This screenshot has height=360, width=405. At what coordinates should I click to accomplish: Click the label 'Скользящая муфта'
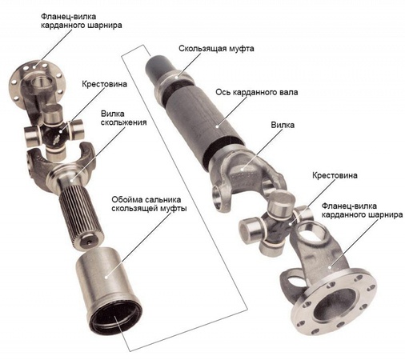coord(216,49)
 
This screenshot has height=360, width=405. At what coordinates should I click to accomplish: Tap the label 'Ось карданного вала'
coord(257,93)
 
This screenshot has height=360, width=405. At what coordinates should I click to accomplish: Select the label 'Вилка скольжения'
coord(123,118)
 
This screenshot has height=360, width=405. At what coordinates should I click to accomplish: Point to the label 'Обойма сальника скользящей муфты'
coord(149,204)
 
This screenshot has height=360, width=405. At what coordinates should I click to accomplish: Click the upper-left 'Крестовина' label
coord(104,84)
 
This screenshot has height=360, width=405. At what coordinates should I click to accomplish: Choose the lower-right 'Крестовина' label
coord(335,175)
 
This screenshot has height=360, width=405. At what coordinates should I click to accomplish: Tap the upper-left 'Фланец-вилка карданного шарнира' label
coord(82,21)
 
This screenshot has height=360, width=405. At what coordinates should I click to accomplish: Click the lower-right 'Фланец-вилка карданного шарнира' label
coord(362,210)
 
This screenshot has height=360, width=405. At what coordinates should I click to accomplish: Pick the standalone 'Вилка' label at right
coord(283,125)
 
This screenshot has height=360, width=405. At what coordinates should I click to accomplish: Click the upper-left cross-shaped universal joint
coord(54,131)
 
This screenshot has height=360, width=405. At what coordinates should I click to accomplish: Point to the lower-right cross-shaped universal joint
coord(277,222)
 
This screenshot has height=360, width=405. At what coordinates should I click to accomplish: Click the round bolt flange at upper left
coord(35,82)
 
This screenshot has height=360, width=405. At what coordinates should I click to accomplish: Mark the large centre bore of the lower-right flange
coord(335,304)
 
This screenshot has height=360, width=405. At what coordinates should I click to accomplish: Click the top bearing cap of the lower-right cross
coord(282,202)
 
